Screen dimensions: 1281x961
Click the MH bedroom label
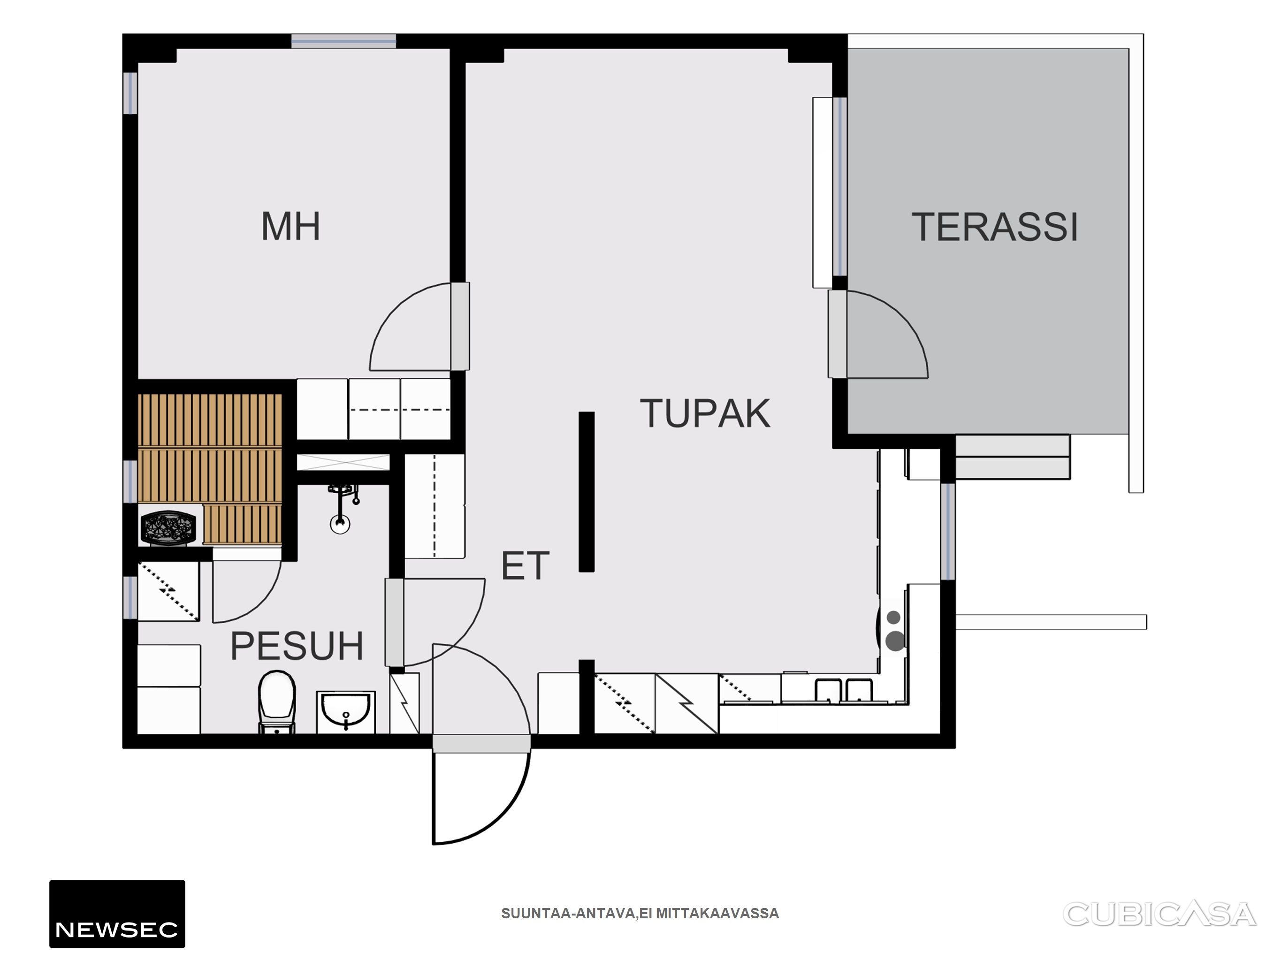pos(291,227)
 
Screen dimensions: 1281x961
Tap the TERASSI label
pos(995,227)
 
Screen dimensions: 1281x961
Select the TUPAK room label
pos(705,413)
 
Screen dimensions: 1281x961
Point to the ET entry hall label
pos(525,566)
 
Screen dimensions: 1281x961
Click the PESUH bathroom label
pos(297,647)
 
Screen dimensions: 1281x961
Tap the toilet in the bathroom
pos(277,702)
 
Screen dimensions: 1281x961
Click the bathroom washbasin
pos(346,712)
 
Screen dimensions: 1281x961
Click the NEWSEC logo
pos(117,914)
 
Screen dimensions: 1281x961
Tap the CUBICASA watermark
pos(1159,914)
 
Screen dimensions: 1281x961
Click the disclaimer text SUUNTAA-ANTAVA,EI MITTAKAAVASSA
pos(640,914)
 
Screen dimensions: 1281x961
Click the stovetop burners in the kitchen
pos(895,630)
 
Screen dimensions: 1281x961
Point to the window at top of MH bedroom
pos(343,41)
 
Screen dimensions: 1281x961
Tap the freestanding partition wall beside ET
pos(587,492)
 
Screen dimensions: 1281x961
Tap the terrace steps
pos(1012,458)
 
